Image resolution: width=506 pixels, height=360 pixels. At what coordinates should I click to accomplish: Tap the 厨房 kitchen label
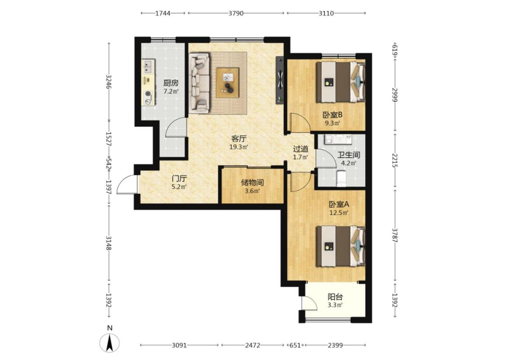171,83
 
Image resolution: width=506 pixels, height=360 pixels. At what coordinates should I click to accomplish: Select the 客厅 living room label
239,139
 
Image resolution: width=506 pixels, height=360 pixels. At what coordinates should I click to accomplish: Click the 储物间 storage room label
252,183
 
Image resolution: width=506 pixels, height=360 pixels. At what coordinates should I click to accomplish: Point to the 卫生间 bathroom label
349,155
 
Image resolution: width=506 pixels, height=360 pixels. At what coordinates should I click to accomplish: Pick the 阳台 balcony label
335,297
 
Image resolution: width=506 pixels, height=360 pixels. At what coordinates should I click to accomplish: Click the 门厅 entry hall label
179,179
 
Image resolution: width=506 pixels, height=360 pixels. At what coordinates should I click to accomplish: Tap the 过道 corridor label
300,149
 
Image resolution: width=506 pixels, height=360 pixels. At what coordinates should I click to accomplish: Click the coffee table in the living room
228,82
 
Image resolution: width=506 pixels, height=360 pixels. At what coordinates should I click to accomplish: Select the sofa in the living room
199,83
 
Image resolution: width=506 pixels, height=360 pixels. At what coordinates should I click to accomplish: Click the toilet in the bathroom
341,179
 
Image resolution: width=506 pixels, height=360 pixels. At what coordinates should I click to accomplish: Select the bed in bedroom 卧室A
340,246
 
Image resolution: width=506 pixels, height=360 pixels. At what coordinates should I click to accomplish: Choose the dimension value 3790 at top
236,13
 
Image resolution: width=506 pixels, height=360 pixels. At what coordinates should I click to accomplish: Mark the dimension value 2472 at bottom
253,345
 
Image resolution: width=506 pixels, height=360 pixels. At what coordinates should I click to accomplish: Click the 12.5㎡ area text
339,213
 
